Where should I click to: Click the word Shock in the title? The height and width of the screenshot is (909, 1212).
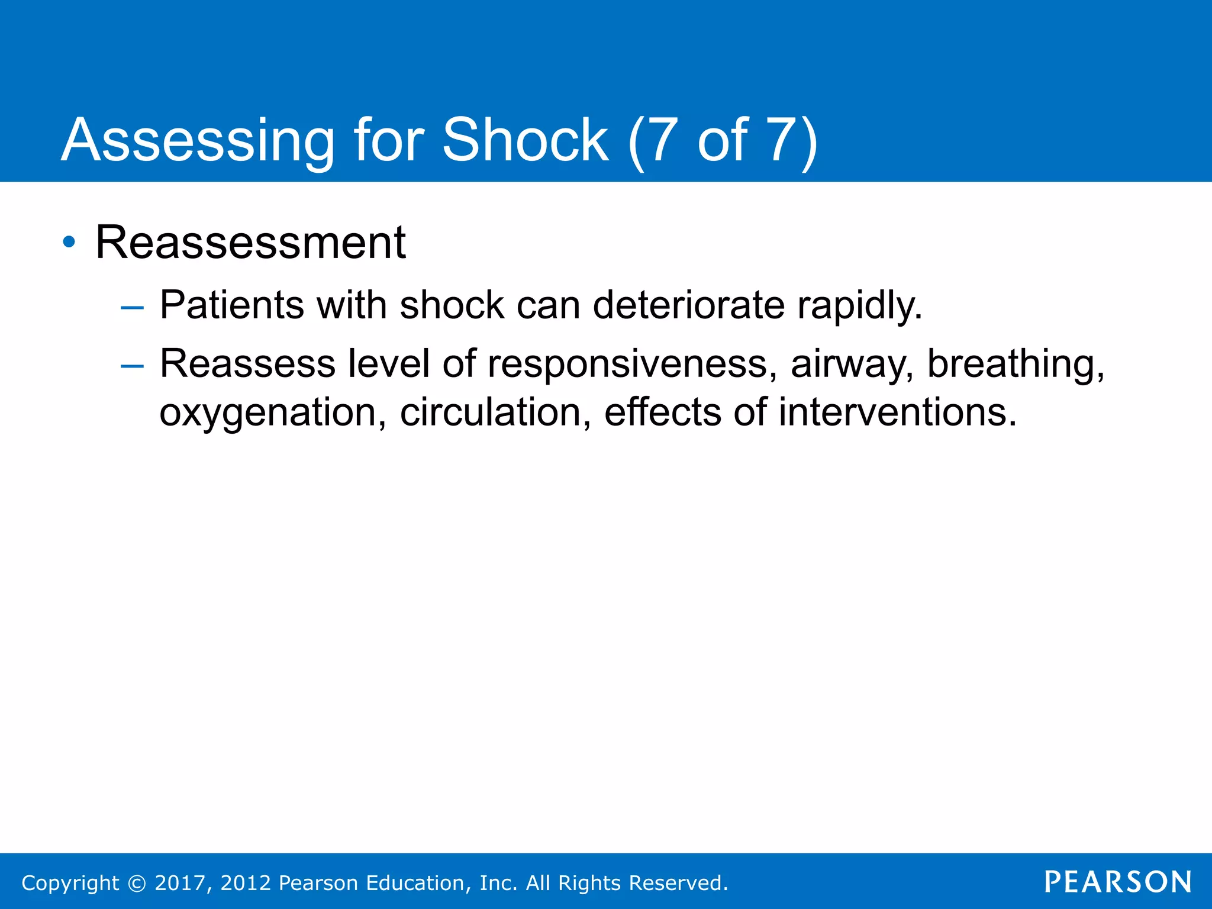[525, 140]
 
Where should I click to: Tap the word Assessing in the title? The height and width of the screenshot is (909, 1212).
[198, 140]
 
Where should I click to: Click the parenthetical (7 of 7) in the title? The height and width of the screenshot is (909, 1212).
[723, 140]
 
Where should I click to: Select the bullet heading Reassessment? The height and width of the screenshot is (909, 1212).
[250, 243]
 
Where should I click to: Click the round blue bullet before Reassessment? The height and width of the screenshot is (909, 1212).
[69, 242]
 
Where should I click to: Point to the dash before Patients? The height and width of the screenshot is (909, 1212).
[131, 308]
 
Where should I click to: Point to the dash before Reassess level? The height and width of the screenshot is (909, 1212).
[131, 366]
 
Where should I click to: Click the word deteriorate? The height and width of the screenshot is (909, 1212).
[689, 305]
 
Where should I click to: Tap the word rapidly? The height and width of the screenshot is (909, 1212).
[859, 307]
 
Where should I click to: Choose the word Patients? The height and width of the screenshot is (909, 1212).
[232, 305]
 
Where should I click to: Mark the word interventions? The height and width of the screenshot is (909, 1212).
[897, 412]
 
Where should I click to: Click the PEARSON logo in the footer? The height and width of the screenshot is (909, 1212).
[1118, 882]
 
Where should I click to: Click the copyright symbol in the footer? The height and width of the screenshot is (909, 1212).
[137, 884]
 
